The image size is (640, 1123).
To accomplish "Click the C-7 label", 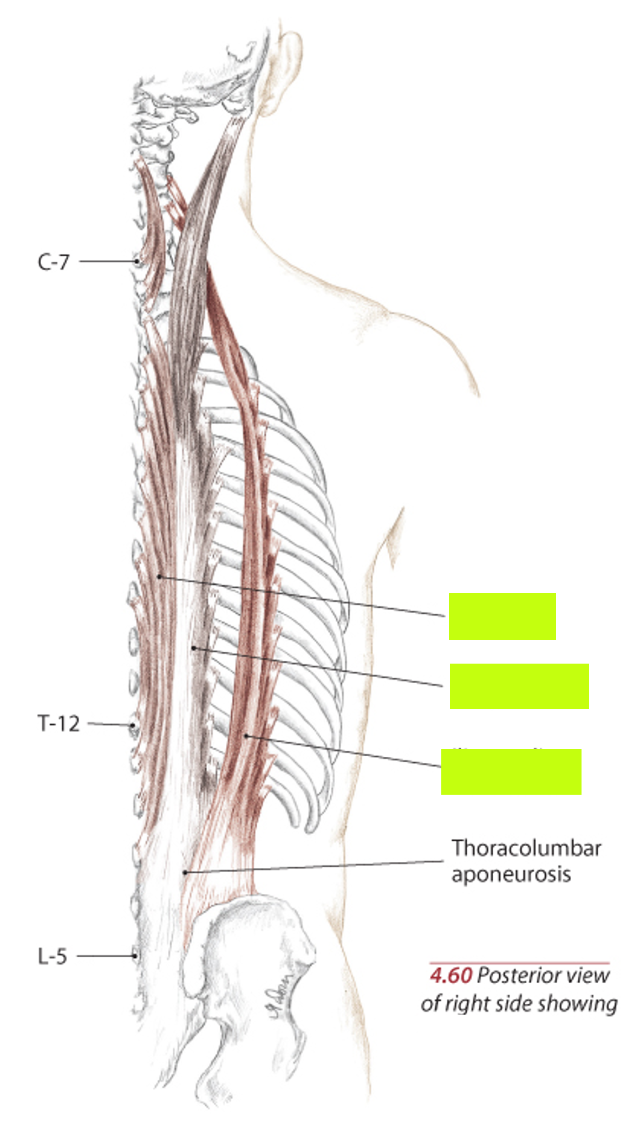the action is pyautogui.click(x=54, y=262).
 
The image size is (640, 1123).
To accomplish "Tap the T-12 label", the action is pyautogui.click(x=58, y=723).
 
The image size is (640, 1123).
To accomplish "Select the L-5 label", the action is pyautogui.click(x=53, y=956).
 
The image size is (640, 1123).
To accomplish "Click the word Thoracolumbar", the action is pyautogui.click(x=526, y=848).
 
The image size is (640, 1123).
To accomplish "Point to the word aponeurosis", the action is pyautogui.click(x=511, y=874).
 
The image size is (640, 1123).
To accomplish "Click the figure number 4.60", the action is pyautogui.click(x=450, y=976).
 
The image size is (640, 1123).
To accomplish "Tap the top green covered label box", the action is pyautogui.click(x=502, y=616).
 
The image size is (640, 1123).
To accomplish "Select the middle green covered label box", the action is pyautogui.click(x=519, y=686).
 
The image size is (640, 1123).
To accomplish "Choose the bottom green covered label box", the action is pyautogui.click(x=511, y=771).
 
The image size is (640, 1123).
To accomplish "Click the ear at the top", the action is pyautogui.click(x=284, y=70).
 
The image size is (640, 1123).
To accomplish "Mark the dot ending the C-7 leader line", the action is pyautogui.click(x=137, y=261).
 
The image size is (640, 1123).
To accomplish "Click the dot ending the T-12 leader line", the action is pyautogui.click(x=132, y=725).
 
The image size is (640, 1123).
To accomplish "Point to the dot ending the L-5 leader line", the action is pyautogui.click(x=135, y=956).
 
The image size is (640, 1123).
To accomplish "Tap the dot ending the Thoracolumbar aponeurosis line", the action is pyautogui.click(x=185, y=872).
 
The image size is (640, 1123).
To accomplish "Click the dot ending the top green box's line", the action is pyautogui.click(x=159, y=576).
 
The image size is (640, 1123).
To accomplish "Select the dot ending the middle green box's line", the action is pyautogui.click(x=194, y=647).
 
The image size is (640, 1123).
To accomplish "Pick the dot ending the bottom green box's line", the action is pyautogui.click(x=246, y=735).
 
